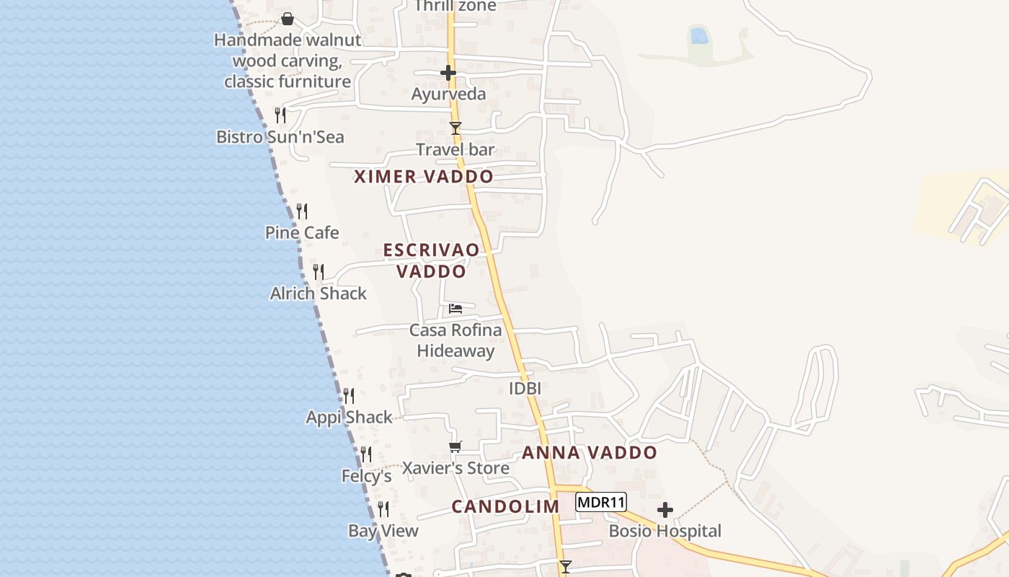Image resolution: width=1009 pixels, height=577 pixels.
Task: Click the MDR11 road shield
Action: tap(601, 502)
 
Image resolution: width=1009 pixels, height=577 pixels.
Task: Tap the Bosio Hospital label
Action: tap(664, 532)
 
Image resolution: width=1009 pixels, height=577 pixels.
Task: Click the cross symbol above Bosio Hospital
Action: tap(664, 511)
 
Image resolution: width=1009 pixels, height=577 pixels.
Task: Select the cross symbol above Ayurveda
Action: tap(448, 73)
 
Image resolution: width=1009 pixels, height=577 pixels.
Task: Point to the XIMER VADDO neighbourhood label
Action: tap(424, 177)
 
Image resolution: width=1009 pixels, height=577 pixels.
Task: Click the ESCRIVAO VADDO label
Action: tap(432, 260)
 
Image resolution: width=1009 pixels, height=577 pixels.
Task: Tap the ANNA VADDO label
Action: tap(590, 453)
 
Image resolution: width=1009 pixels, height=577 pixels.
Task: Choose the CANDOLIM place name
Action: tap(505, 506)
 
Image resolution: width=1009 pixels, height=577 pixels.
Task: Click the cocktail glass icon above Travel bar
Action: tap(455, 128)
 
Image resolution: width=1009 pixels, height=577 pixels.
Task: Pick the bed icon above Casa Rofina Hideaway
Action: tap(455, 309)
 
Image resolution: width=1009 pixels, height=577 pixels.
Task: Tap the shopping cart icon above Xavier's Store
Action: tap(455, 447)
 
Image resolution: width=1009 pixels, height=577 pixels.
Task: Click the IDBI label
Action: tap(525, 389)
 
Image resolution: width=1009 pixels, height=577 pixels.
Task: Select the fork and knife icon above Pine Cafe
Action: tap(302, 211)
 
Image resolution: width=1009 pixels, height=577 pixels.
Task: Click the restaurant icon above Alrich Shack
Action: tap(319, 272)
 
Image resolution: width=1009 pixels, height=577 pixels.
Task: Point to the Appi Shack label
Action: tap(349, 418)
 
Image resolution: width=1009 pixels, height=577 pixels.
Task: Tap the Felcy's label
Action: tap(366, 477)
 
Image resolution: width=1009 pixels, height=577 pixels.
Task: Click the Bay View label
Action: tap(383, 532)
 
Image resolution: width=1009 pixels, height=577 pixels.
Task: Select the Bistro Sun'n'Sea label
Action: tap(280, 137)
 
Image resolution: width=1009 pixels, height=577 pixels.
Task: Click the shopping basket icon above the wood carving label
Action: tap(288, 19)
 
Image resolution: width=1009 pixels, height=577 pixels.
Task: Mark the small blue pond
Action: tap(698, 35)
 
